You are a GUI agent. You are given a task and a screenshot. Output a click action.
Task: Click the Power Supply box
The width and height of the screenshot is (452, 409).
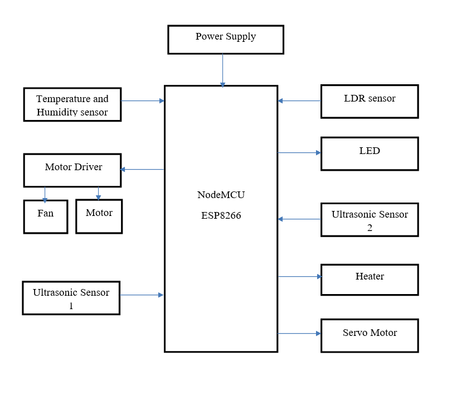[226, 40]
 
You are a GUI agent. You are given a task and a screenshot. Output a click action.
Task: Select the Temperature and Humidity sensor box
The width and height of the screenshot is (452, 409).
[72, 104]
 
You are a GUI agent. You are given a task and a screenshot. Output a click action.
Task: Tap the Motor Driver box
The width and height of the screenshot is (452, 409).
[72, 170]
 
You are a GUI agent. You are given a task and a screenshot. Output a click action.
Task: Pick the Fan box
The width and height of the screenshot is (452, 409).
[46, 216]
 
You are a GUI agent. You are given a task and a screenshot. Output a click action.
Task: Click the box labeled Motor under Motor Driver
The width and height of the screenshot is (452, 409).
[99, 216]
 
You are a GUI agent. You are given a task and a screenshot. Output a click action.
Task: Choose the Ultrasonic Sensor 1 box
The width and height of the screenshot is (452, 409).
[71, 299]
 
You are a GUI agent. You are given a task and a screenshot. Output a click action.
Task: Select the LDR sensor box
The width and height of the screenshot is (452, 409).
[370, 102]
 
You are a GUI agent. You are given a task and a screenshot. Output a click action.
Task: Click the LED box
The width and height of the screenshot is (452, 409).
[370, 153]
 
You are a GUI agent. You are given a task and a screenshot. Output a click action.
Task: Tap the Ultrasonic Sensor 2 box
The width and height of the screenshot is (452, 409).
[370, 220]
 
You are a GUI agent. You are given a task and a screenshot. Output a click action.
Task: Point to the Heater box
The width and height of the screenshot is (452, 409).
[370, 280]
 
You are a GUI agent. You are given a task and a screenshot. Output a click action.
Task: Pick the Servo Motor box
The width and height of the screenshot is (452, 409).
[370, 335]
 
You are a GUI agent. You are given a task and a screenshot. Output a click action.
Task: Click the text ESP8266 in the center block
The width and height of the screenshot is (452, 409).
[221, 215]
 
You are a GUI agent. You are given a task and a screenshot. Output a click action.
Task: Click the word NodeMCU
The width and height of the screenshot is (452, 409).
[221, 195]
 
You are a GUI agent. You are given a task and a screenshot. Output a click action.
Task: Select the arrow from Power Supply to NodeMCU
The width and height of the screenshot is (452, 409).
[223, 70]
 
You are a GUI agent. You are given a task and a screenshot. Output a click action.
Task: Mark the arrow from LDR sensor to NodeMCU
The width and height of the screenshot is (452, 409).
[299, 101]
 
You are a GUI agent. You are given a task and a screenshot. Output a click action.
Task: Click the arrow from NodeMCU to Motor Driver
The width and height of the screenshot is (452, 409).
[142, 169]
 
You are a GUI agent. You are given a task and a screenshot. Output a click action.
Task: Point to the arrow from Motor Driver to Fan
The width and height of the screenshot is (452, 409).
[45, 194]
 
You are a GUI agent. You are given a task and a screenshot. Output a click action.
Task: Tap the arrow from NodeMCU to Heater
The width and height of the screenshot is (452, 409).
[299, 276]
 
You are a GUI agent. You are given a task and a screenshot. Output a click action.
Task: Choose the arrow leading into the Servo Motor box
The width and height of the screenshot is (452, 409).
[299, 333]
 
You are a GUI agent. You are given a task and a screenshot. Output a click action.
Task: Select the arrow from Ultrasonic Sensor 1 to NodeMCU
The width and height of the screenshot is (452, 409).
[142, 295]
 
